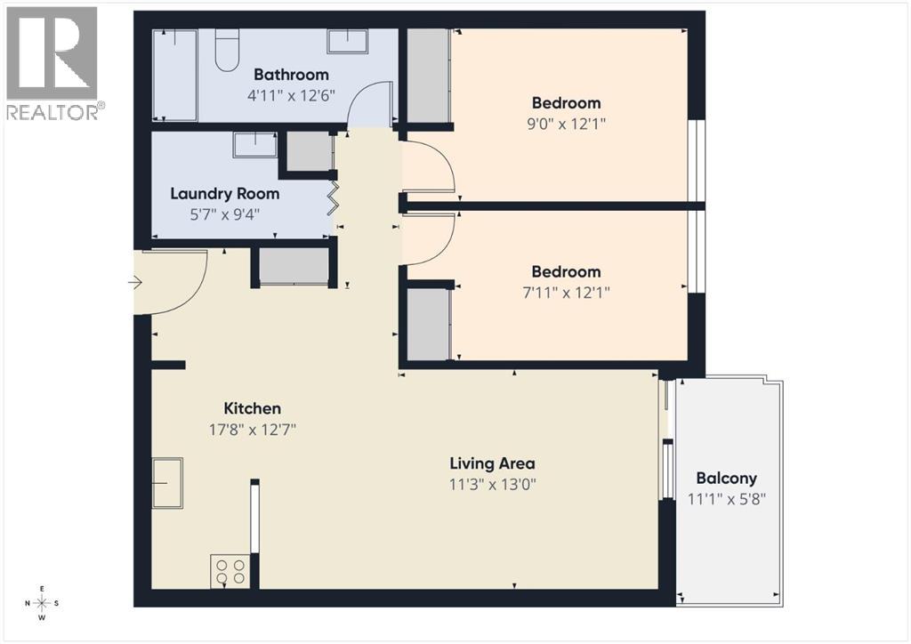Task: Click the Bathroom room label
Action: [x=291, y=75]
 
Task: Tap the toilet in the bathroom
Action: [x=227, y=48]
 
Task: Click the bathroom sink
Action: [x=349, y=41]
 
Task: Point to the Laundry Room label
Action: [x=224, y=193]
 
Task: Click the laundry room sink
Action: [x=255, y=144]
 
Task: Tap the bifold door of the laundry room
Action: [x=334, y=197]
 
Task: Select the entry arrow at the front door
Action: [x=135, y=283]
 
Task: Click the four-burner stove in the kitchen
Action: [x=230, y=569]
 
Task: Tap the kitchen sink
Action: [x=167, y=482]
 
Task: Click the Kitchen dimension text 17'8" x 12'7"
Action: [x=252, y=430]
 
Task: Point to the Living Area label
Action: [x=492, y=463]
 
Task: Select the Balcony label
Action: [x=726, y=478]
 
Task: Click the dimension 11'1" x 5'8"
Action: [x=726, y=499]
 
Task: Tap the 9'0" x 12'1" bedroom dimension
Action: [x=566, y=124]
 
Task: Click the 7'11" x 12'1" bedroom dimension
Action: [x=566, y=292]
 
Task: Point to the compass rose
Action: [x=42, y=603]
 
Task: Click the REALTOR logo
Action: [x=53, y=62]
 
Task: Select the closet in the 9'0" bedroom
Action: [x=428, y=76]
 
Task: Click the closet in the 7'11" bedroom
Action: [x=428, y=324]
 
